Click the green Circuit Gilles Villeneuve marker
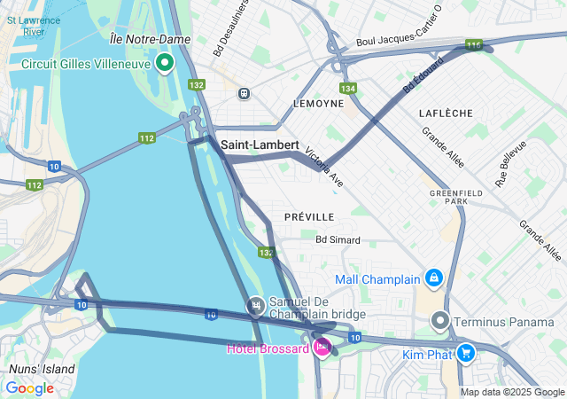click(x=165, y=62)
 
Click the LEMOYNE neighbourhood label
click(x=318, y=104)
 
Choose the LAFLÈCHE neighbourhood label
click(x=447, y=113)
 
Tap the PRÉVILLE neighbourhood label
click(x=309, y=216)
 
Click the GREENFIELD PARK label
click(x=448, y=197)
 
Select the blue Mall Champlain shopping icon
click(x=433, y=279)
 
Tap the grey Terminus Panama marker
click(x=440, y=320)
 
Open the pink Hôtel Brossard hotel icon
click(x=322, y=347)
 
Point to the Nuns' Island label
click(x=42, y=369)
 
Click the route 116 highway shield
click(x=474, y=45)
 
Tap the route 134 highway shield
click(x=348, y=89)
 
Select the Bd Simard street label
click(x=338, y=239)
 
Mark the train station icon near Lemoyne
click(x=244, y=93)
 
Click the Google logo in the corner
click(x=29, y=388)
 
